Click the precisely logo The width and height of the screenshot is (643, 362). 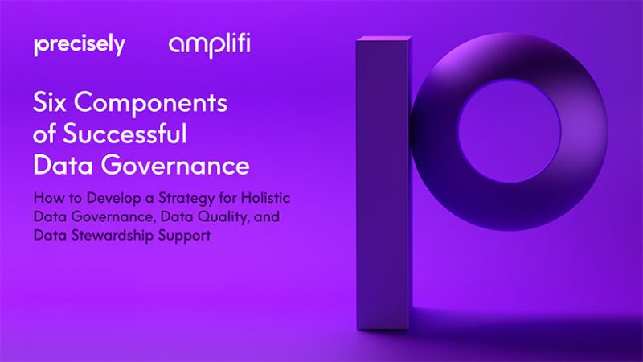pos(80,46)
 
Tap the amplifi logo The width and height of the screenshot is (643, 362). pos(209,45)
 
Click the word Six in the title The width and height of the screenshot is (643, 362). pos(49,102)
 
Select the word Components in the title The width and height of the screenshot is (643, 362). pos(150,103)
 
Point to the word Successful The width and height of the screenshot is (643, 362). pos(125,134)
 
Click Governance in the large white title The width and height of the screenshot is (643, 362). pos(175,165)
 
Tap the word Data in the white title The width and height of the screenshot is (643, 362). pos(63,165)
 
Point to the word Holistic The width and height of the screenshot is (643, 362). pos(265,198)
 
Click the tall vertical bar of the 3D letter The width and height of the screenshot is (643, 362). pos(383,185)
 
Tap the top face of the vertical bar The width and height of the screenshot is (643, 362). pos(384,39)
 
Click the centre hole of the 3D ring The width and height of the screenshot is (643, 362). pos(510,130)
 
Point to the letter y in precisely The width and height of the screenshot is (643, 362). pos(120,47)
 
